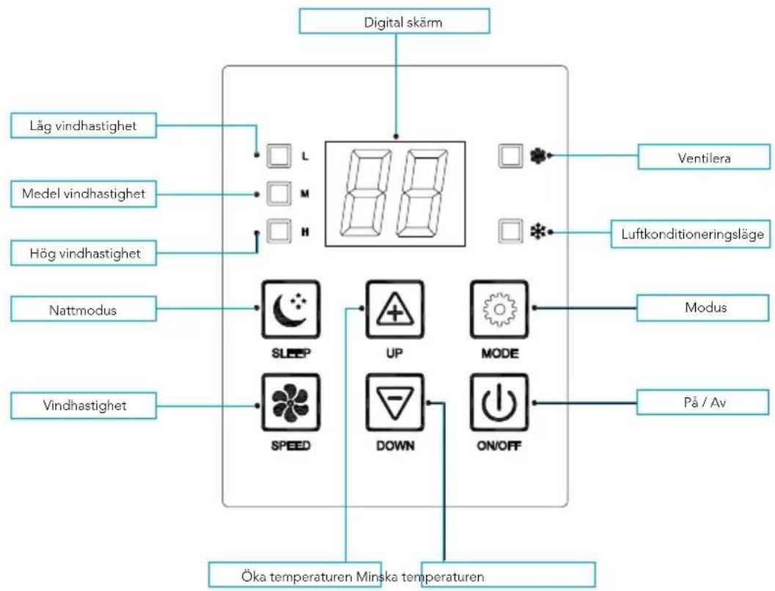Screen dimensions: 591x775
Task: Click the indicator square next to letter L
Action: (279, 155)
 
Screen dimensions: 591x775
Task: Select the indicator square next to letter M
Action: (279, 194)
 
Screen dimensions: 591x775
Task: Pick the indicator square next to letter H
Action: (279, 232)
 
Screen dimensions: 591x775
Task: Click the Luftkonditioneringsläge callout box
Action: (690, 235)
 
